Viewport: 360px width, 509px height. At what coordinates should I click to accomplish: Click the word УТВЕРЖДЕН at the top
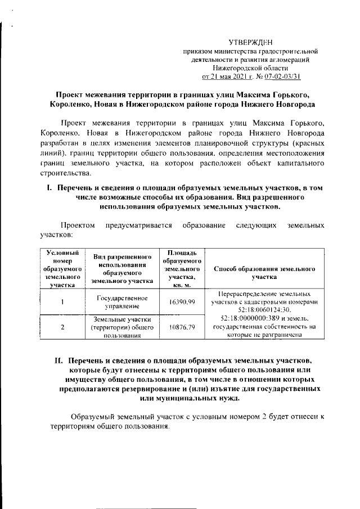point(253,43)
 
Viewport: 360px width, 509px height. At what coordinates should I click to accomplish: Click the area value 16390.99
point(182,302)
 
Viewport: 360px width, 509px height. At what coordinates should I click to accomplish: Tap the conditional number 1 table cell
point(62,302)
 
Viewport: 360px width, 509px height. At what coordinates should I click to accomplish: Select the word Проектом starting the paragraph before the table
point(79,225)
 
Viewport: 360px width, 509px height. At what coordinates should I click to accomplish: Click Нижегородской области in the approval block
point(253,67)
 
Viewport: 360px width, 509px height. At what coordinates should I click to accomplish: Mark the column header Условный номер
point(62,256)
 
